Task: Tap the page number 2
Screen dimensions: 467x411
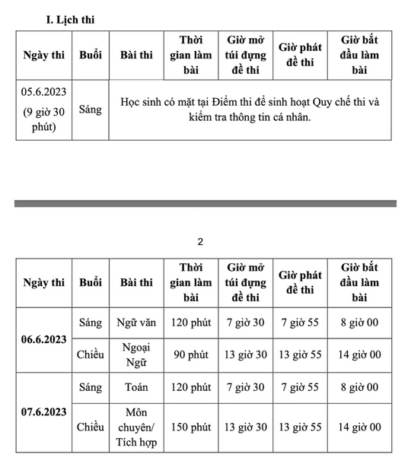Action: [200, 242]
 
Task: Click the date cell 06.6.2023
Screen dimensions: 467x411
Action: [44, 338]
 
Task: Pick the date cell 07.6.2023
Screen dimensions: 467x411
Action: [44, 411]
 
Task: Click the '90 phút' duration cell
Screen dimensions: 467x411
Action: [191, 354]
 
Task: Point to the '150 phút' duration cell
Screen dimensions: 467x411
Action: [191, 427]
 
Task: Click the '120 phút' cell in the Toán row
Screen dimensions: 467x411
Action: [191, 387]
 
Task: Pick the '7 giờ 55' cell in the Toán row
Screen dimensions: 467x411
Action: [301, 387]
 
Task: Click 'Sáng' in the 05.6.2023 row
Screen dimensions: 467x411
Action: [90, 110]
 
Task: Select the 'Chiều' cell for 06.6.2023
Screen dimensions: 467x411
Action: [91, 354]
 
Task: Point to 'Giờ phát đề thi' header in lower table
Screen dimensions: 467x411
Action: [301, 282]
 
